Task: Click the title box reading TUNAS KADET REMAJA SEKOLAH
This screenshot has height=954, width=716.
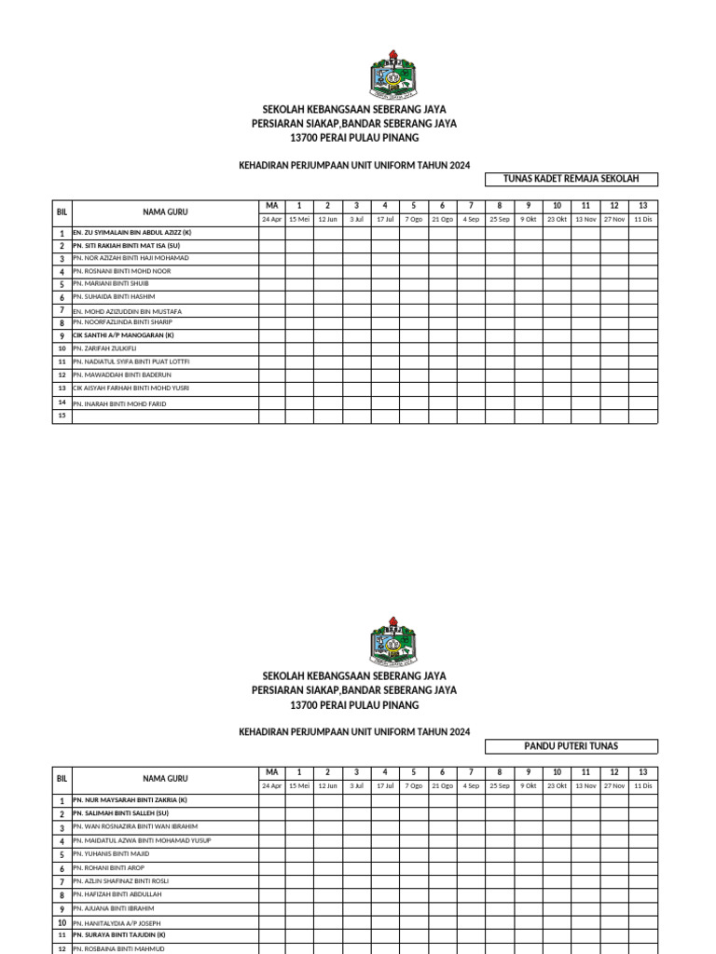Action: coord(571,179)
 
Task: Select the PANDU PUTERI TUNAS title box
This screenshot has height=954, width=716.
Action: coord(571,746)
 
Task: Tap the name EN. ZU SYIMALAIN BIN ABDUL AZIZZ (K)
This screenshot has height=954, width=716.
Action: coord(131,232)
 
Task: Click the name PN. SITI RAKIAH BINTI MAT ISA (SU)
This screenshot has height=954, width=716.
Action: coord(126,245)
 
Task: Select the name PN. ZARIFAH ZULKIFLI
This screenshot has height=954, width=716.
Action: coord(104,348)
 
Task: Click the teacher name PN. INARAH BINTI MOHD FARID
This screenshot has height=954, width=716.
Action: coord(119,403)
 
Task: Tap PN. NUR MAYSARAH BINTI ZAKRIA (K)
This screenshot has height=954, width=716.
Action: coord(130,799)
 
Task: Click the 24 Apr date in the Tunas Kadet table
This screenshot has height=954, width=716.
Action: coord(271,219)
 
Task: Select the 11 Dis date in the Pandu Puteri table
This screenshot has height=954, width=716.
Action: coord(642,786)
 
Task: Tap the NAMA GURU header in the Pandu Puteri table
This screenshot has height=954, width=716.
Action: coord(165,778)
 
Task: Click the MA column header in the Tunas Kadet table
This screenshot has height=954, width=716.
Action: coord(271,205)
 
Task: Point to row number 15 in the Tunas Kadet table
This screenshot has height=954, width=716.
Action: coord(62,416)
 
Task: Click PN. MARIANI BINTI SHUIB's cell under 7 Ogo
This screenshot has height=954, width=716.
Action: coord(413,283)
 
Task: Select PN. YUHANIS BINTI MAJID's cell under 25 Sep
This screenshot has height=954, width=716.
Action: coord(499,853)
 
